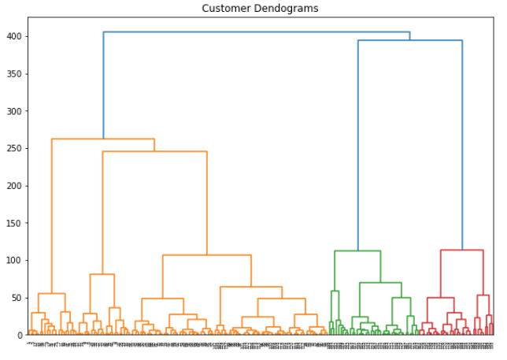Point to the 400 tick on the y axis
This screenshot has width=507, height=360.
point(14,37)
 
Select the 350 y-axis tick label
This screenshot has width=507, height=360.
point(14,74)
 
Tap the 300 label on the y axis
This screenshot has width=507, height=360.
point(14,112)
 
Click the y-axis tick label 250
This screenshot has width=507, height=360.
point(14,149)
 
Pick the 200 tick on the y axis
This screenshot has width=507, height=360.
point(14,186)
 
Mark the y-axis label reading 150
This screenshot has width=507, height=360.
point(14,223)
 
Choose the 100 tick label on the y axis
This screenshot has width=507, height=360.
point(14,261)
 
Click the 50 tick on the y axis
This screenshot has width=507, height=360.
point(17,298)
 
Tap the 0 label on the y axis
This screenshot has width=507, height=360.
point(20,335)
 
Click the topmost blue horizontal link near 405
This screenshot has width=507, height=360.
point(256,32)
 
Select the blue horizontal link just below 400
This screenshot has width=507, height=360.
point(409,40)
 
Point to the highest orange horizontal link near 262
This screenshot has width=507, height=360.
point(102,139)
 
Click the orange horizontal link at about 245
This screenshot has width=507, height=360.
point(154,151)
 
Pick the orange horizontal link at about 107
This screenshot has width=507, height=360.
point(206,255)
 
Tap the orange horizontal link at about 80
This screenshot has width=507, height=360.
point(102,274)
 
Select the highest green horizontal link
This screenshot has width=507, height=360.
point(357,251)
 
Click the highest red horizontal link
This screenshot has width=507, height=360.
point(461,251)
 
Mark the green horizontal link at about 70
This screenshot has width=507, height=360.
point(380,283)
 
